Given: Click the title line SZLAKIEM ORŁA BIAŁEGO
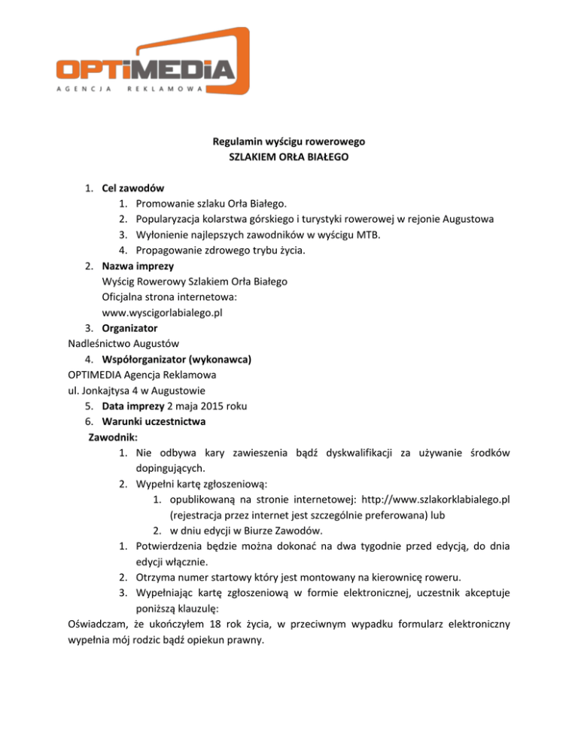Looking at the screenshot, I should coord(288,156).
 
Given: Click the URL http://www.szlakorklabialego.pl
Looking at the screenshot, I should coord(425,500).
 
